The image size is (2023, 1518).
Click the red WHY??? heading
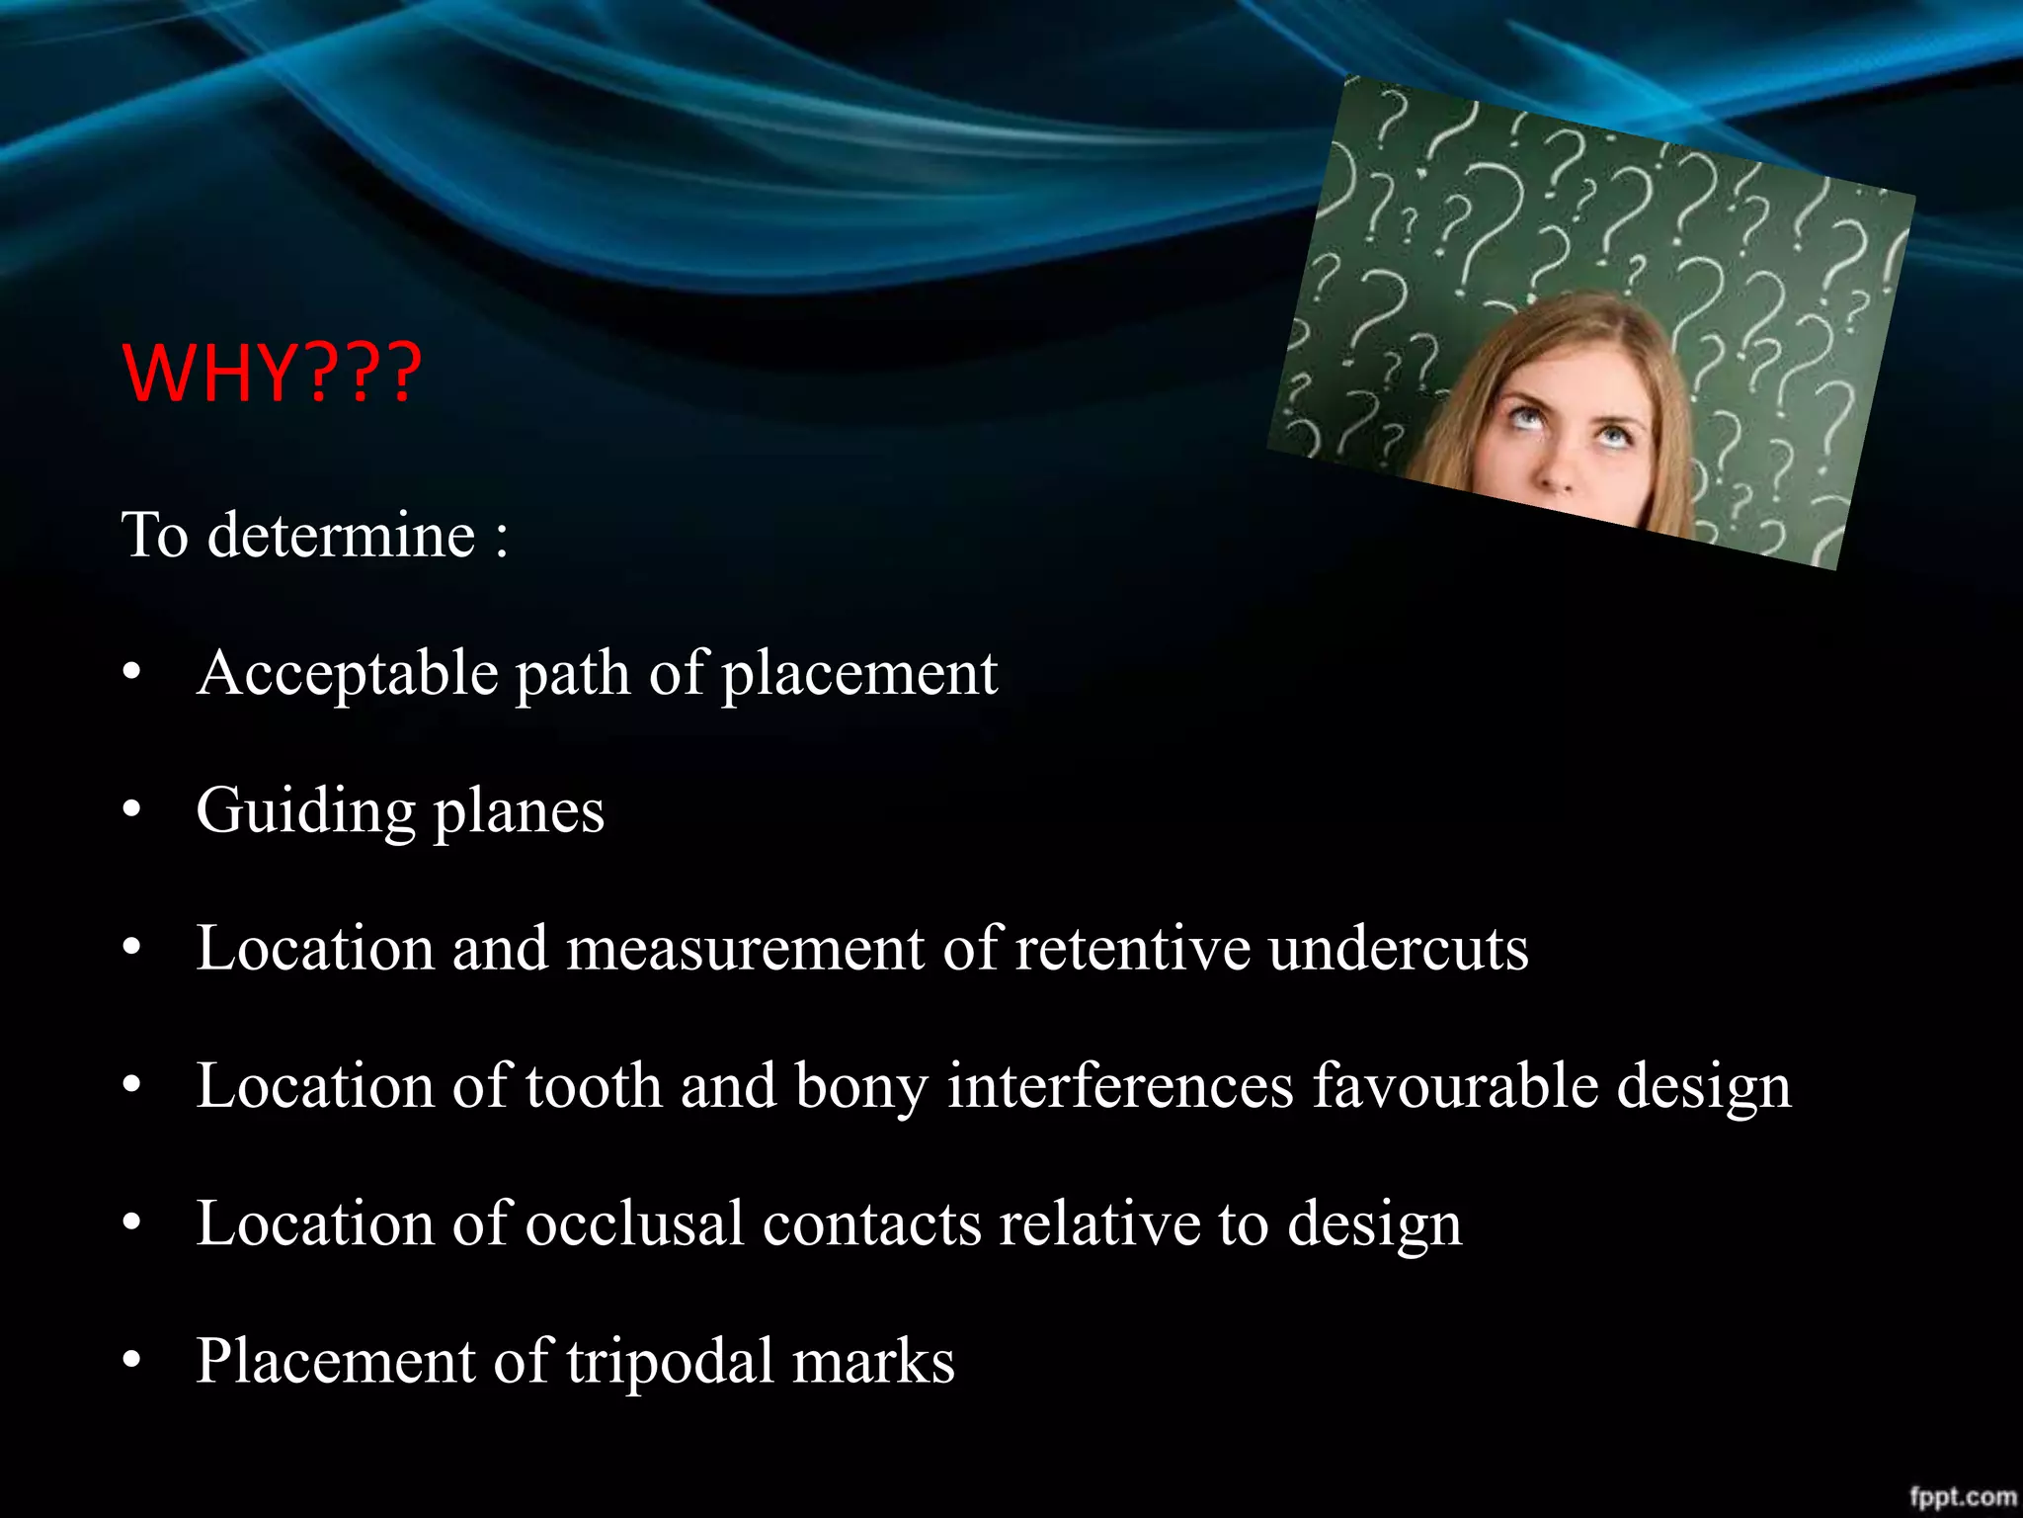tap(272, 374)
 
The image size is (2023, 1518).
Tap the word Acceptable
tap(347, 674)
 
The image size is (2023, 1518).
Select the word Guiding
tap(305, 811)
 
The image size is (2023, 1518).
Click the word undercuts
tap(1399, 949)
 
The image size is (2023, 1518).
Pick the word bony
tap(861, 1086)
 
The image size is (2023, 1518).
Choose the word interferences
tap(1119, 1086)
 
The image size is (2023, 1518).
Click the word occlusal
tap(634, 1223)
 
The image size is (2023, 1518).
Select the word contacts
tap(871, 1223)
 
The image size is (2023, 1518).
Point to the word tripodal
tap(670, 1361)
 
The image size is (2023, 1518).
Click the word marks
tap(873, 1361)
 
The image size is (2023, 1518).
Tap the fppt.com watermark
tap(1961, 1496)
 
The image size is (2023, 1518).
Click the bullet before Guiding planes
tap(132, 811)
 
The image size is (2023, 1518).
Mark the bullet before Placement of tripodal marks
tap(132, 1361)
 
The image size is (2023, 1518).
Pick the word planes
tap(519, 811)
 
